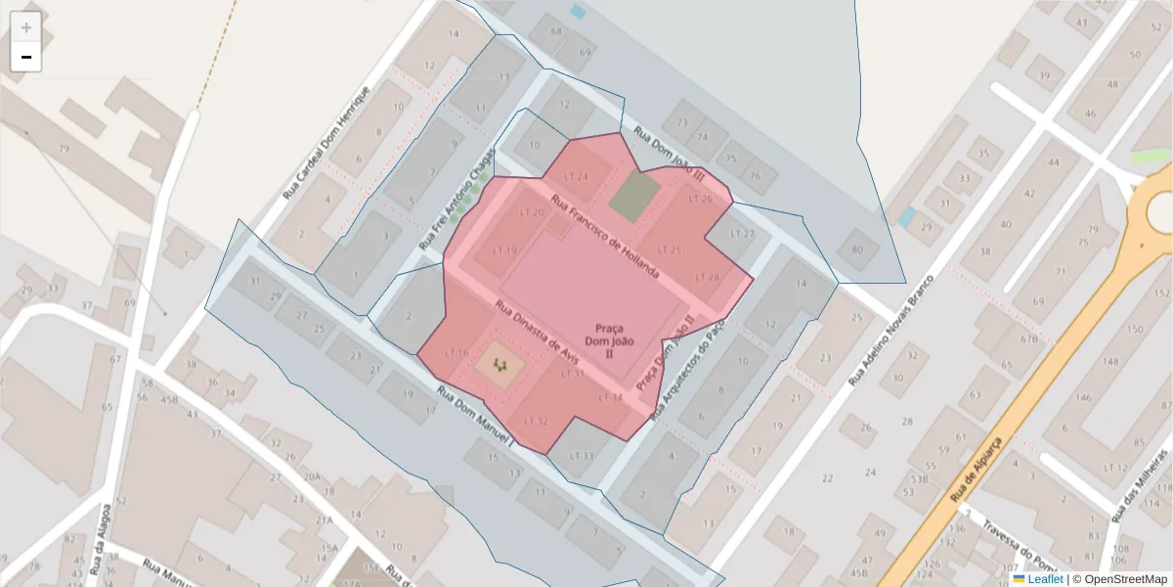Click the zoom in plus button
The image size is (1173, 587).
click(25, 27)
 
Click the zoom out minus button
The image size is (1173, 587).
click(25, 57)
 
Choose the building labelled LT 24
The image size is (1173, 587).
click(577, 176)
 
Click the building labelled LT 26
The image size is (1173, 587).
click(700, 199)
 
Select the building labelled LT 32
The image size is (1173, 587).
click(536, 421)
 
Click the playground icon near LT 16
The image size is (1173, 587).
click(500, 365)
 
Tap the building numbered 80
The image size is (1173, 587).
click(857, 248)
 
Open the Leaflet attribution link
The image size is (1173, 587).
click(1044, 579)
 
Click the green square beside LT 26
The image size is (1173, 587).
click(634, 196)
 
